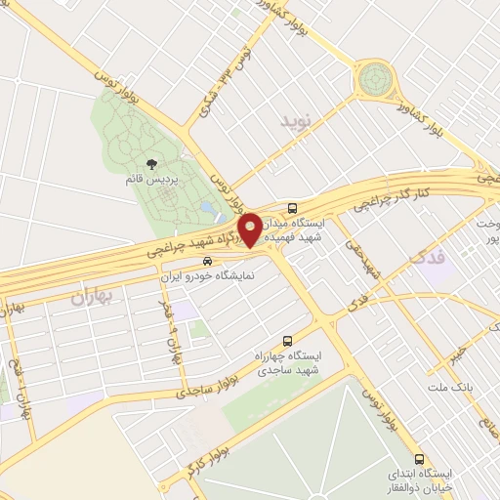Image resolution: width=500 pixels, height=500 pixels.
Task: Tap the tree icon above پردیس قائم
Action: click(149, 165)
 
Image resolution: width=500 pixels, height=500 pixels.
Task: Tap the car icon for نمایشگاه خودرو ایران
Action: click(206, 262)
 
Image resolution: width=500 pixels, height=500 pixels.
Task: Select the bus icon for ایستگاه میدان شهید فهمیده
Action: click(294, 208)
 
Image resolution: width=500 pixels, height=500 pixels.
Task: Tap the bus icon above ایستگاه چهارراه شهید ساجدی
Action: click(287, 341)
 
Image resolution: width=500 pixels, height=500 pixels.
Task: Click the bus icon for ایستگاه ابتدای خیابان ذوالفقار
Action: click(419, 459)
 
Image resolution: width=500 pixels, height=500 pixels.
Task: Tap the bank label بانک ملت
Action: click(448, 389)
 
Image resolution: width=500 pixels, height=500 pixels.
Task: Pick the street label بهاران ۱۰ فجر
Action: click(170, 330)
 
